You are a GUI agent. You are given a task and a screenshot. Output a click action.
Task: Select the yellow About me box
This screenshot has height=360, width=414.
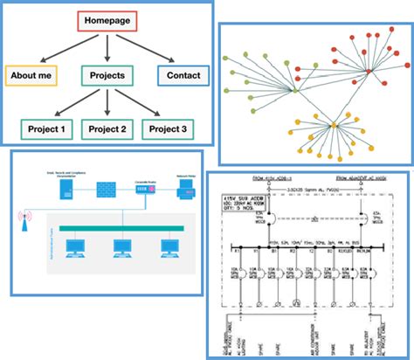(31, 75)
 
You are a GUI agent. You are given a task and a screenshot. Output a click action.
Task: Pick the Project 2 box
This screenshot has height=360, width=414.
(106, 129)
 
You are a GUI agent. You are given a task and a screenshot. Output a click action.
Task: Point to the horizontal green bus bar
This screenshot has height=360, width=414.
(114, 228)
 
